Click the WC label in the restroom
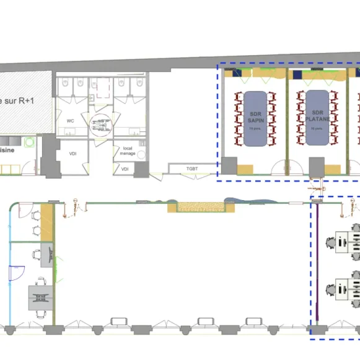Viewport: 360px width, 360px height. pyautogui.click(x=70, y=120)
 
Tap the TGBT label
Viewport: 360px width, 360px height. pyautogui.click(x=193, y=169)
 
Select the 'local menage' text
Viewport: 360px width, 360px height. pyautogui.click(x=128, y=151)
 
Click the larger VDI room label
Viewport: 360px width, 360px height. pyautogui.click(x=72, y=153)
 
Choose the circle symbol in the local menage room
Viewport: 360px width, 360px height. pyautogui.click(x=141, y=155)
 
